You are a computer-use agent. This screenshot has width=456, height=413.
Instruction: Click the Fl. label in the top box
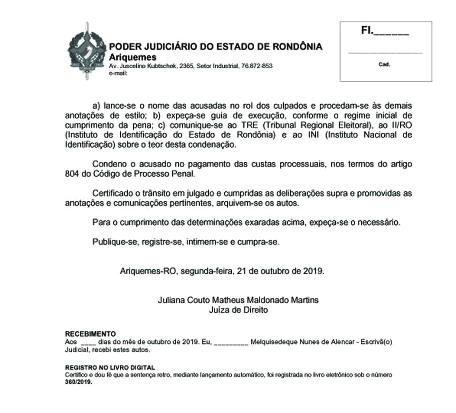[367, 31]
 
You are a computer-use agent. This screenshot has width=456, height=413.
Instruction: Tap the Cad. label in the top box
[384, 65]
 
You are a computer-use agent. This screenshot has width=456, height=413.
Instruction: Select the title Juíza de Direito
[238, 310]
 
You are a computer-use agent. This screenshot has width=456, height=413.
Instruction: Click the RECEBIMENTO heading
[90, 334]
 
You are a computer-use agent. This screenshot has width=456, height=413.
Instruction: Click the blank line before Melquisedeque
[231, 342]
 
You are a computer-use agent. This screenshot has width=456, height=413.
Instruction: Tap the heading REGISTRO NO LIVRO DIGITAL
[110, 368]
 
